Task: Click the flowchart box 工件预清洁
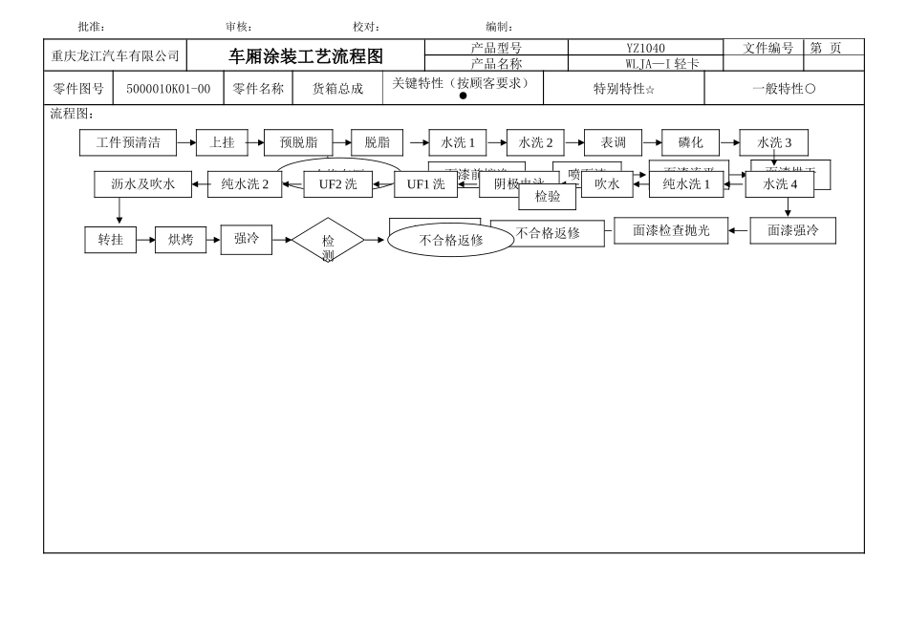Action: tap(128, 142)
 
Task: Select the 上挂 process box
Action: tap(222, 142)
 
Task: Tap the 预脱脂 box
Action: tap(298, 142)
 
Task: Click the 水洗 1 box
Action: tap(458, 142)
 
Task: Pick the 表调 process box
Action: tap(613, 142)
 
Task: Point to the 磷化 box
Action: tap(690, 142)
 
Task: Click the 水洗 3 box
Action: tap(774, 142)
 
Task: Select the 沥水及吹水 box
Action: tap(142, 184)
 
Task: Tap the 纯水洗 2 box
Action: tap(245, 184)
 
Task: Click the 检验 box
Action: tap(548, 197)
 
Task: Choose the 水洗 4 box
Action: tap(780, 184)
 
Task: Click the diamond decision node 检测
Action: tap(328, 241)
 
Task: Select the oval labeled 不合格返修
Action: tap(450, 240)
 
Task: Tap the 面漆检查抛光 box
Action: tap(671, 230)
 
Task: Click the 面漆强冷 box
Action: tap(792, 230)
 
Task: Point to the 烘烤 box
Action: tap(181, 240)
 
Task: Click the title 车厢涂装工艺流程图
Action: tap(305, 56)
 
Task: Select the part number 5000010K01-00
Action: tap(168, 89)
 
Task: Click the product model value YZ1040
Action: tap(645, 48)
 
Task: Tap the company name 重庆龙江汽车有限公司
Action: tap(115, 56)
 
